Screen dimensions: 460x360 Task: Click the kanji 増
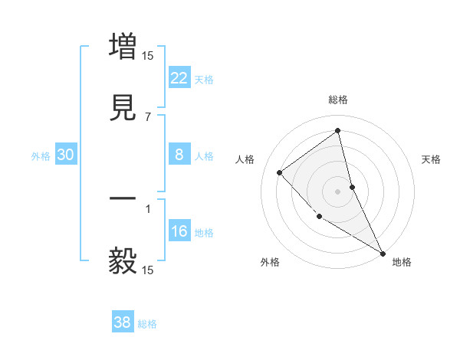123,45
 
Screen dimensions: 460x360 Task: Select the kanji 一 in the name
123,199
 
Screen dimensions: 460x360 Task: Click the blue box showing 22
179,77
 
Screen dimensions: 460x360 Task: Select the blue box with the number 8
179,155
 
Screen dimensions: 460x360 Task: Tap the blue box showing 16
179,231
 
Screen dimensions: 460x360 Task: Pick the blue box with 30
66,155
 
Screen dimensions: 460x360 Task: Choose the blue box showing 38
123,322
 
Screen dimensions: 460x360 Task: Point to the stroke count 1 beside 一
148,208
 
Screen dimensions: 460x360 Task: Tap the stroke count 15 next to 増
148,55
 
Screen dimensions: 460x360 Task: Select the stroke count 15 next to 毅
148,270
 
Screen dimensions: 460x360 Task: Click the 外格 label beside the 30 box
41,156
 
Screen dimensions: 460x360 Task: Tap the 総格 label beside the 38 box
147,324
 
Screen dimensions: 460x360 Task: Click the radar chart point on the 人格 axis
280,172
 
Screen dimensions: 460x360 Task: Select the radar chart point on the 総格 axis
337,130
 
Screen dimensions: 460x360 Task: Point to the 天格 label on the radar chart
431,159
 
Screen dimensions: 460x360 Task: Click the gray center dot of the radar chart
337,191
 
